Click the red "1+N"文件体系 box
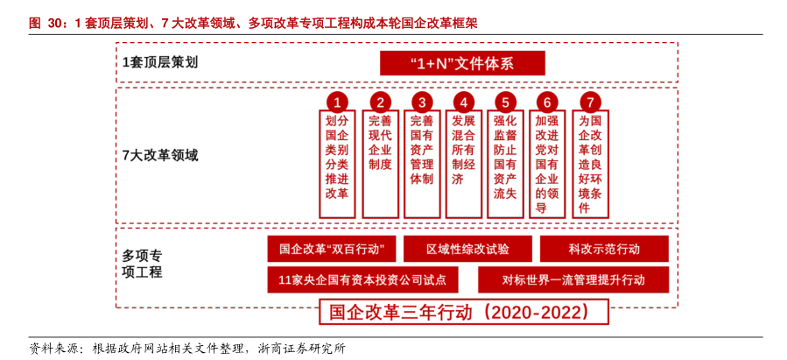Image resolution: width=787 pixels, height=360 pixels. pyautogui.click(x=462, y=63)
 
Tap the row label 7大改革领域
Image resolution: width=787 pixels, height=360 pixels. pyautogui.click(x=160, y=155)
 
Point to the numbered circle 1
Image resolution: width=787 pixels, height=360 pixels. pyautogui.click(x=337, y=102)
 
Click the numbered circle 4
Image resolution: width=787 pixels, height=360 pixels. pyautogui.click(x=464, y=102)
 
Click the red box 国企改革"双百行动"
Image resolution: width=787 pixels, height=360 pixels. pyautogui.click(x=332, y=249)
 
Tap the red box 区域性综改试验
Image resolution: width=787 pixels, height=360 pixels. pyautogui.click(x=467, y=249)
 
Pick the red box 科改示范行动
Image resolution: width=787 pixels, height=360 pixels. pyautogui.click(x=604, y=249)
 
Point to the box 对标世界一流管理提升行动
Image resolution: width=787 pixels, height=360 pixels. pyautogui.click(x=573, y=279)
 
